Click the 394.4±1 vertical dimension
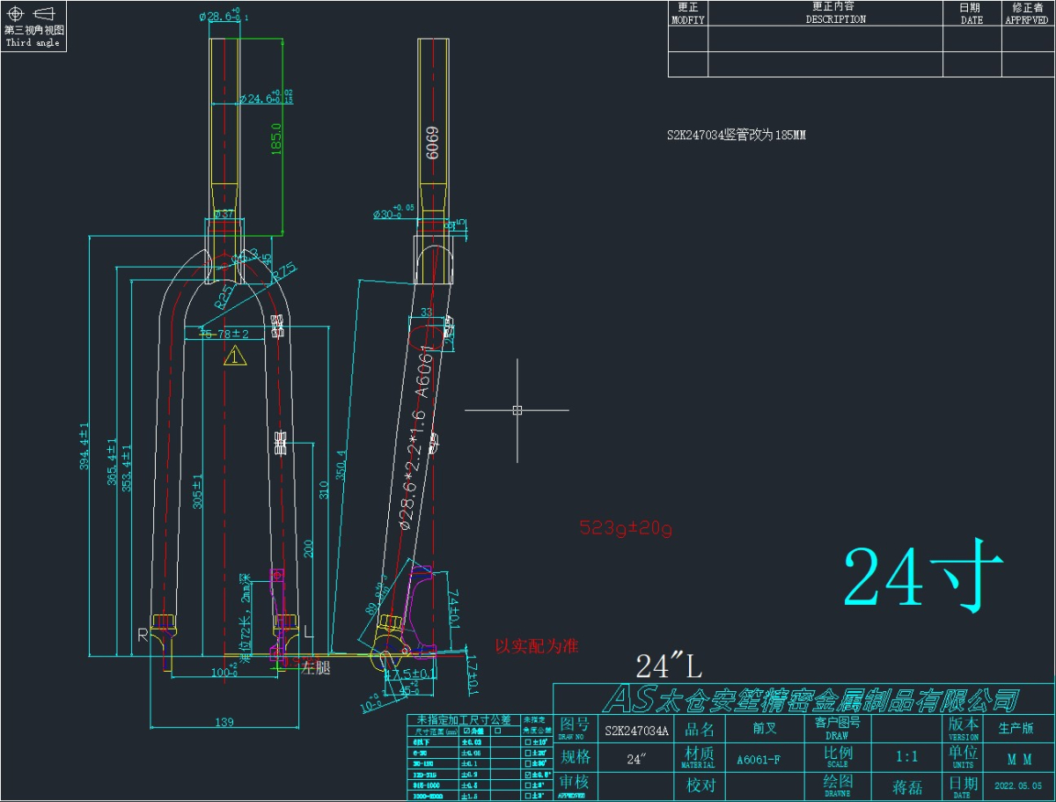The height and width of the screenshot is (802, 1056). pyautogui.click(x=85, y=447)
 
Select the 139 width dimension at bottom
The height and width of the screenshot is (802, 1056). pyautogui.click(x=224, y=722)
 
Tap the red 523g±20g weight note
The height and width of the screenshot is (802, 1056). pyautogui.click(x=626, y=528)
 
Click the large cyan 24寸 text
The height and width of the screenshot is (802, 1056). pyautogui.click(x=924, y=579)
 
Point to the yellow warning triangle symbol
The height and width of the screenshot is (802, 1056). pyautogui.click(x=235, y=357)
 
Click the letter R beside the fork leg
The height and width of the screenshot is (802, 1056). pyautogui.click(x=142, y=634)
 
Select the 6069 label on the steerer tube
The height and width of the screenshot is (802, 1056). pyautogui.click(x=432, y=140)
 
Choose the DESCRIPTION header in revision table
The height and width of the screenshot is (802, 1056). pyautogui.click(x=835, y=18)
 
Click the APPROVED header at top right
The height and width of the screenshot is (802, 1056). pyautogui.click(x=1027, y=18)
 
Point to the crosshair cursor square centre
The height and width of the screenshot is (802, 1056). pyautogui.click(x=517, y=409)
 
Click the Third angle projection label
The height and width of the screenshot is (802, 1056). pyautogui.click(x=33, y=42)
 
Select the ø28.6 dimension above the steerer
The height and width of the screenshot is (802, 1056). pyautogui.click(x=224, y=17)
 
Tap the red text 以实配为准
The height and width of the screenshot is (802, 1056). pyautogui.click(x=537, y=646)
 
